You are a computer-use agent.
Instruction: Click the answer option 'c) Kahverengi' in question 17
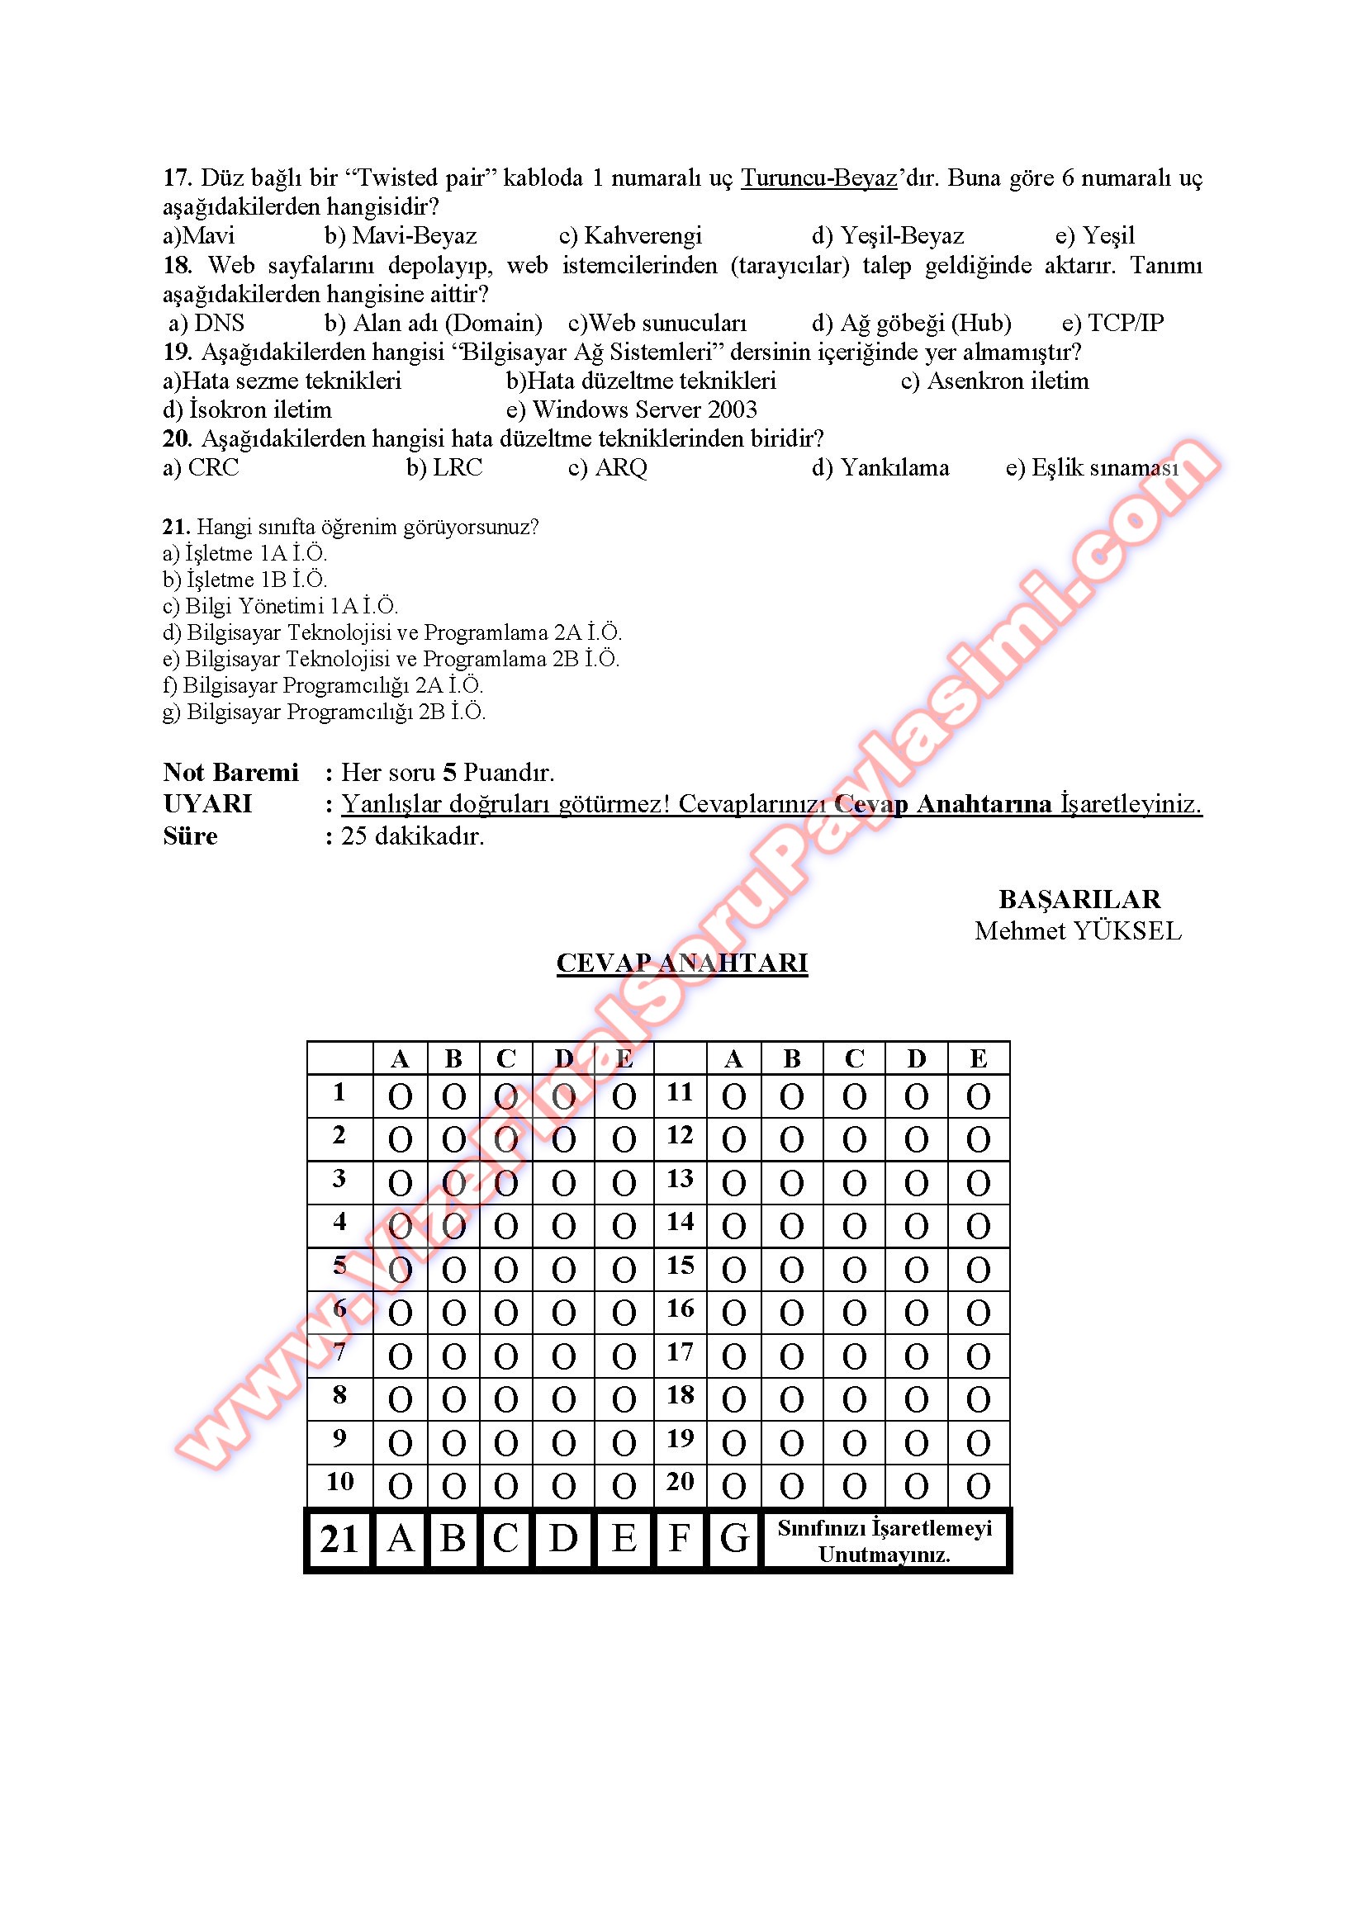click(630, 235)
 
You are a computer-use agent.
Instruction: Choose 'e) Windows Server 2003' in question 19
click(631, 409)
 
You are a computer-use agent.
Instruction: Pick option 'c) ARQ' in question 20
click(607, 467)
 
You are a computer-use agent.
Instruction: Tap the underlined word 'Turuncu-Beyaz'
click(818, 178)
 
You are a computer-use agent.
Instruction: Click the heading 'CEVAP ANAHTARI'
click(681, 963)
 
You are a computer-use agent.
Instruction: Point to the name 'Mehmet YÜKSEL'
click(1078, 931)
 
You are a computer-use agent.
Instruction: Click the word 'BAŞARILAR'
click(1079, 899)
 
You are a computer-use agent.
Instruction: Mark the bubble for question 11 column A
click(733, 1096)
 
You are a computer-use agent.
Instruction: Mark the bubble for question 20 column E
click(977, 1487)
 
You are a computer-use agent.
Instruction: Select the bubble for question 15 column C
click(854, 1270)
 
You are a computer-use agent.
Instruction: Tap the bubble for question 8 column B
click(453, 1400)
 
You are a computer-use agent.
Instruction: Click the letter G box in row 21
click(734, 1539)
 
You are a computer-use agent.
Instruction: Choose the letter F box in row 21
click(680, 1539)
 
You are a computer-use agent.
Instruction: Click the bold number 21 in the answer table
click(339, 1539)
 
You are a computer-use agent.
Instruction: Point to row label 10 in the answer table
click(339, 1482)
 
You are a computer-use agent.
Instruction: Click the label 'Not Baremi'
click(230, 772)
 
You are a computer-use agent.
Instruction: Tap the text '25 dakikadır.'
click(412, 836)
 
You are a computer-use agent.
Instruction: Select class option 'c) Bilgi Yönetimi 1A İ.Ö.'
click(280, 607)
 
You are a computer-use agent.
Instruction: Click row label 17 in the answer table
click(680, 1352)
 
